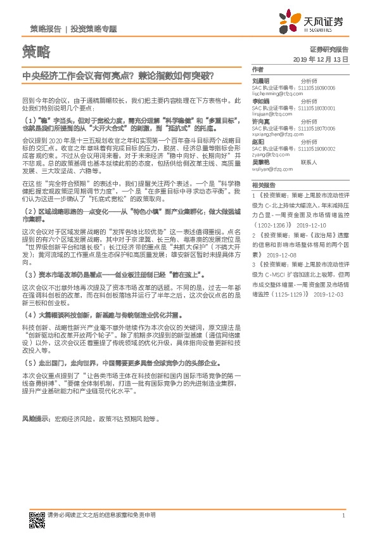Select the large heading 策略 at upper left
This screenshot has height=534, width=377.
[x=35, y=52]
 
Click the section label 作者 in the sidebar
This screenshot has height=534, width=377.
[x=257, y=68]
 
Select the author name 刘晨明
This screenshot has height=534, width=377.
[x=261, y=81]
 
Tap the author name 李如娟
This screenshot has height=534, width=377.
[x=261, y=100]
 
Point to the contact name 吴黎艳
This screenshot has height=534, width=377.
[x=261, y=162]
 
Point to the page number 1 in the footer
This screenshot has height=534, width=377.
[x=343, y=515]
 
